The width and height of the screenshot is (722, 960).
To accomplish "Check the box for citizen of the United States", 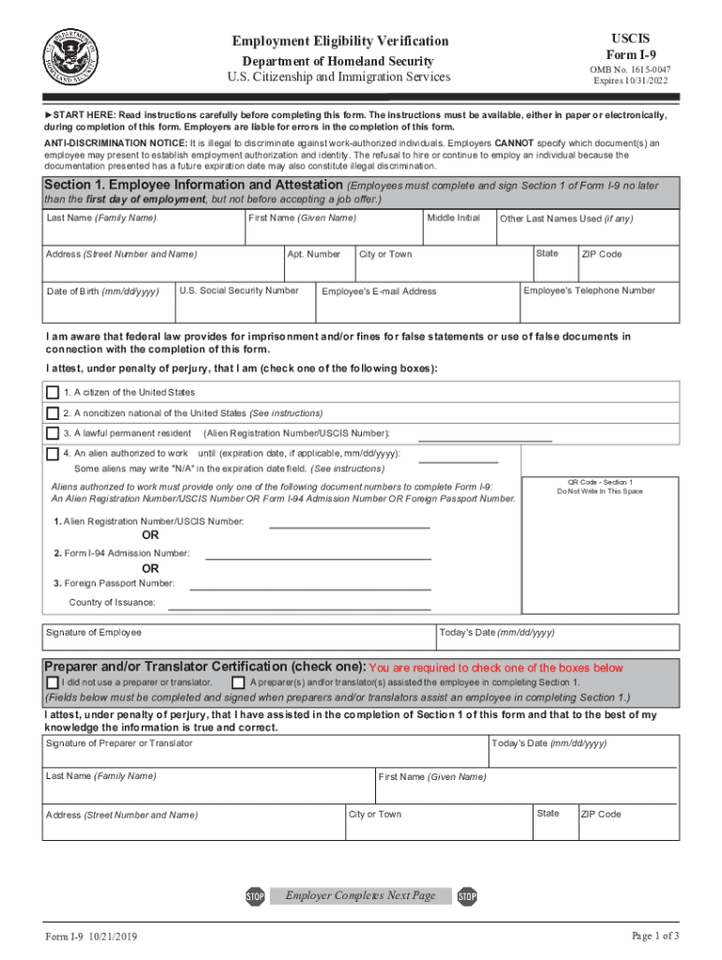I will pos(53,392).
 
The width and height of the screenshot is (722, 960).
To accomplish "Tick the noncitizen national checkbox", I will pos(53,412).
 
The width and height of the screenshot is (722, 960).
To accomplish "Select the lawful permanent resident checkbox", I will pos(53,433).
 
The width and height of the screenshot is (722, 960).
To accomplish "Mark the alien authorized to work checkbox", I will pos(53,454).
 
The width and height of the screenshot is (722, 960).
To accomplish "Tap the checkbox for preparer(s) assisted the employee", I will pos(238,682).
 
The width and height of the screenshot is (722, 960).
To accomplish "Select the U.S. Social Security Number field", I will pos(245,302).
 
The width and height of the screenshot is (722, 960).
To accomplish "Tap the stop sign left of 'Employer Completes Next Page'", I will pos(255,897).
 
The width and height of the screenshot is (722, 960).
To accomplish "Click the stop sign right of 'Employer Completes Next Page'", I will pos(467,897).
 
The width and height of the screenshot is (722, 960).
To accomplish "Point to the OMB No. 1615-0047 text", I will pos(629,69).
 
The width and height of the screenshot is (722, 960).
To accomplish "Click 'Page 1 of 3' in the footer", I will pos(655,937).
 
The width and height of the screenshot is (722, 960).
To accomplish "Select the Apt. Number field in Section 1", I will pos(318,265).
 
